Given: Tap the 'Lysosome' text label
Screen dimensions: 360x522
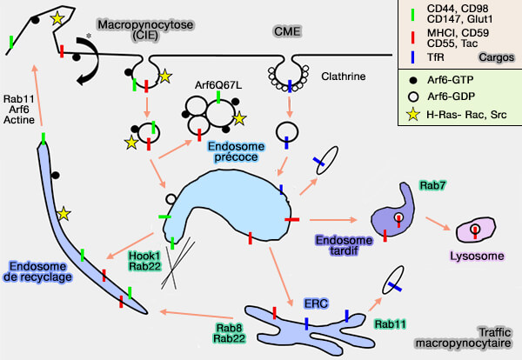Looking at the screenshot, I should pos(472,257).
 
